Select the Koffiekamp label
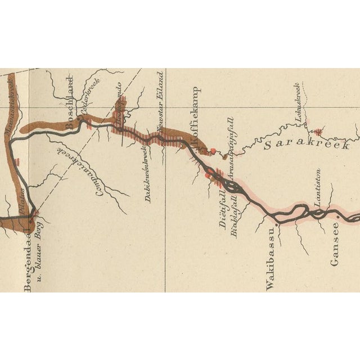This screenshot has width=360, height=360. (196, 118)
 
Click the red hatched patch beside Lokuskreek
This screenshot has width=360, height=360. (318, 132)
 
